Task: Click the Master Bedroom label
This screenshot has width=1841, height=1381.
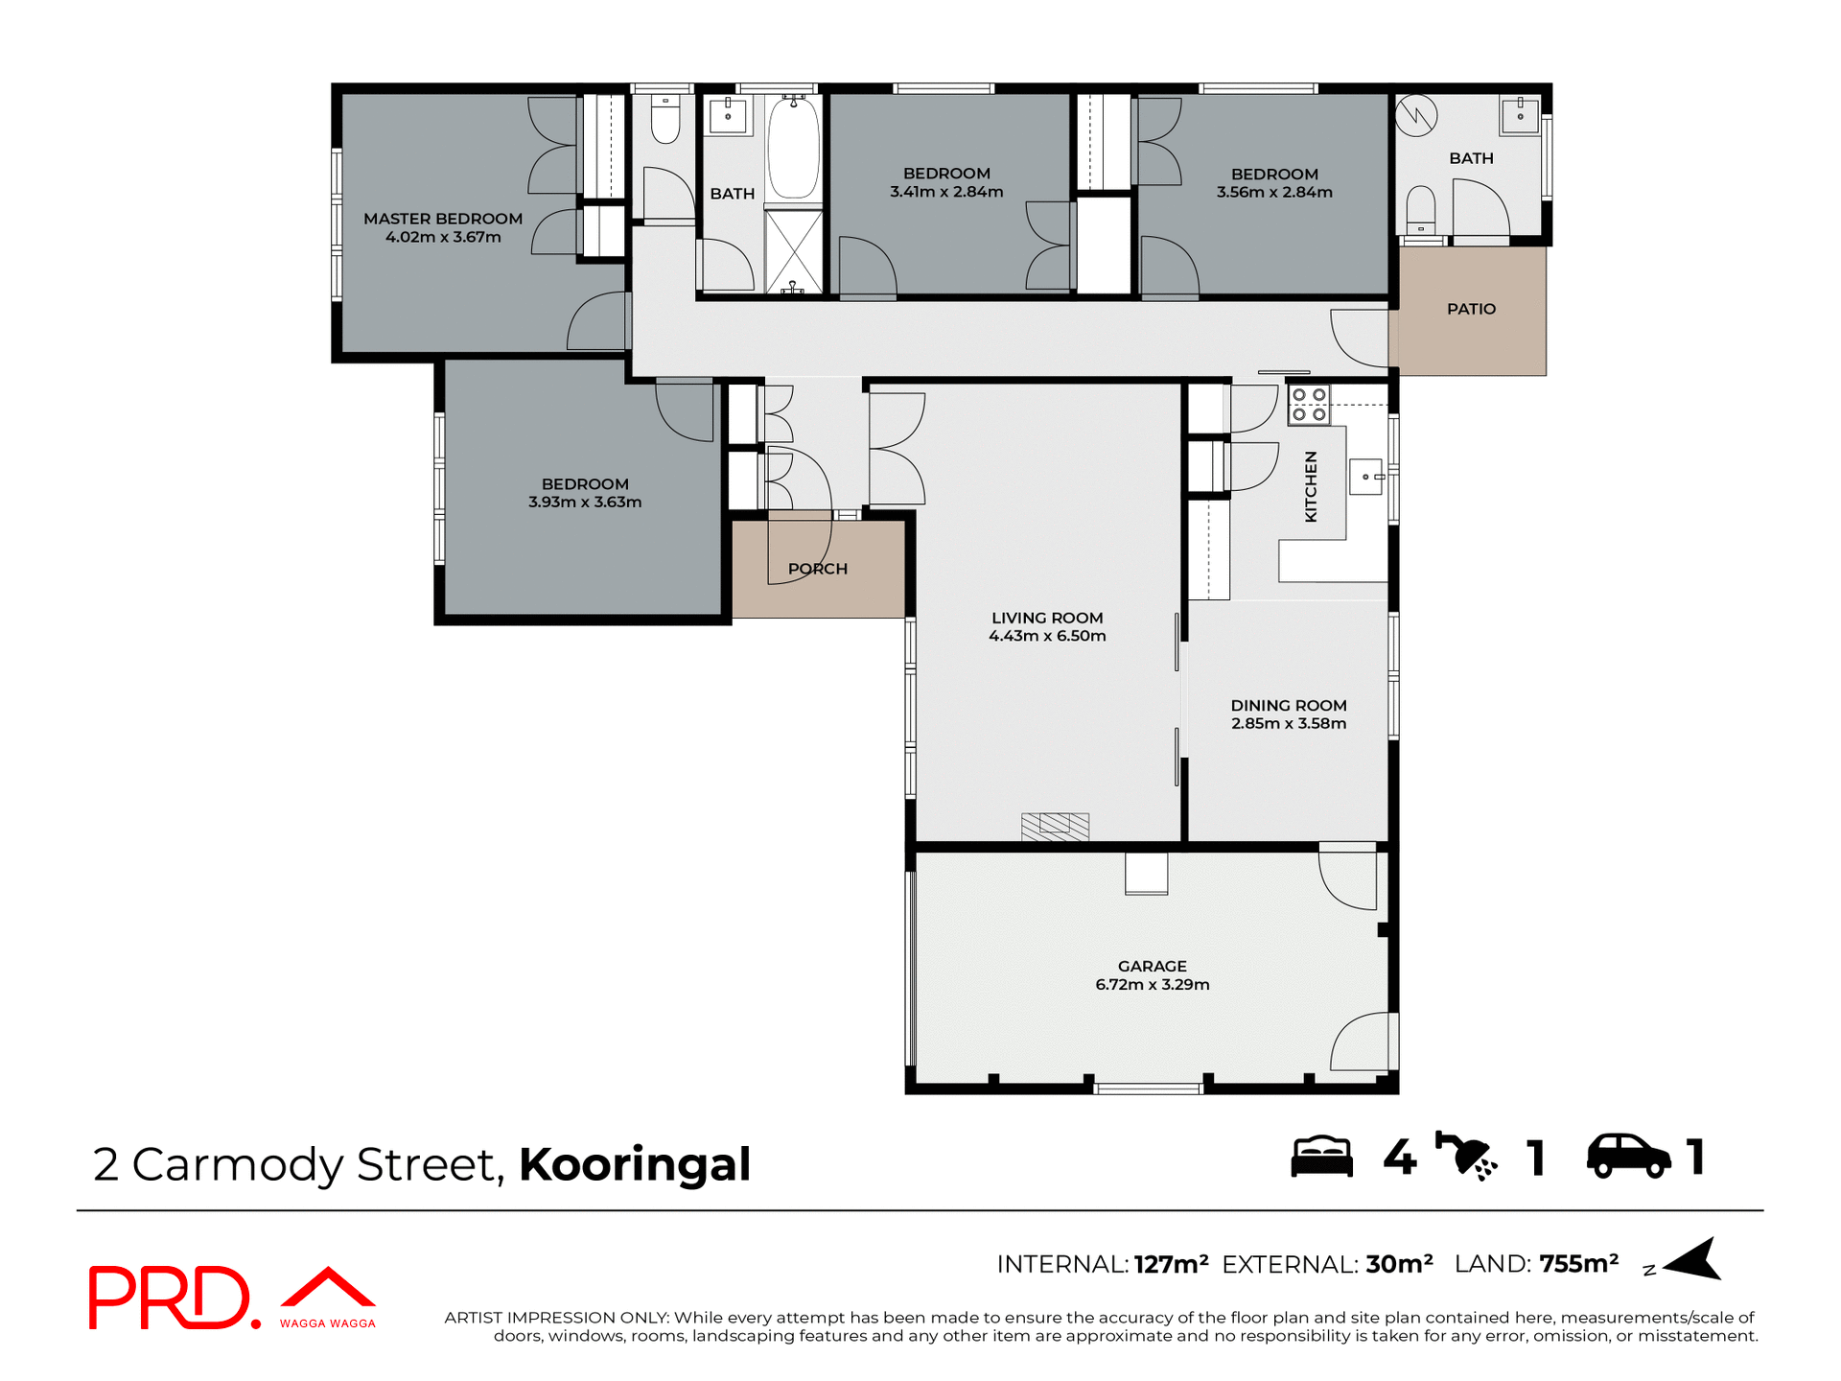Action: pos(443,219)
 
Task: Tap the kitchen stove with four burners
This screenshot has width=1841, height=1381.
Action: pos(1309,405)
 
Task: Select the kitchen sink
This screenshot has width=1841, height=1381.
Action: pos(1365,477)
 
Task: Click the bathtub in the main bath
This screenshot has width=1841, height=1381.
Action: pos(794,149)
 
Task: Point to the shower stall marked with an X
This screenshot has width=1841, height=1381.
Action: pos(794,251)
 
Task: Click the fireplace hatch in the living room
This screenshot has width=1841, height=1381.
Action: pos(1055,826)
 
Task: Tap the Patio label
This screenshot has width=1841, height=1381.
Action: pos(1471,309)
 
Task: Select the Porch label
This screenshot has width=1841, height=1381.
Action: pos(818,569)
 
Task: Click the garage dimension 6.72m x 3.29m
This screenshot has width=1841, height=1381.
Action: pos(1152,985)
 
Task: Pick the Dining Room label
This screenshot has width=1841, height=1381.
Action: pos(1288,706)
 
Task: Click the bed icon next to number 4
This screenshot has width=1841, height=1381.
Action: pos(1321,1157)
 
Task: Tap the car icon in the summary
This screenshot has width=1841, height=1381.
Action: pos(1628,1156)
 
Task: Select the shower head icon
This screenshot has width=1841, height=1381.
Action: pos(1465,1156)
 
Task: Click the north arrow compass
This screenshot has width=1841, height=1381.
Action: pos(1694,1260)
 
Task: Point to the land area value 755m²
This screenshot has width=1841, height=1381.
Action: pos(1578,1264)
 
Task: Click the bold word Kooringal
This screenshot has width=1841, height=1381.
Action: pos(634,1164)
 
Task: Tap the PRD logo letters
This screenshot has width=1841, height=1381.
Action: pos(169,1298)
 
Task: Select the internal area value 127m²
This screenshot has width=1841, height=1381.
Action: pos(1171,1265)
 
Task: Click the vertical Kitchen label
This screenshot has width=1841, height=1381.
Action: pos(1311,486)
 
